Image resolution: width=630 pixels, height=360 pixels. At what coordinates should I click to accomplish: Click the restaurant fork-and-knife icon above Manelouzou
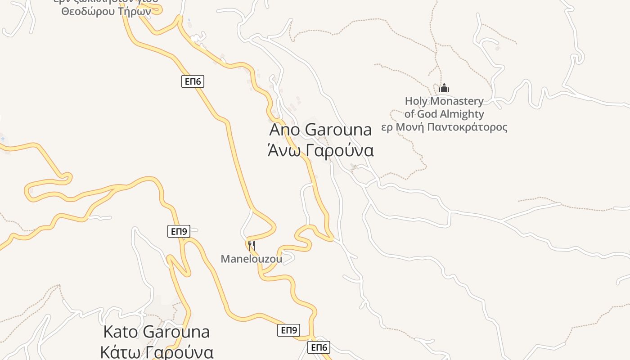coord(252,245)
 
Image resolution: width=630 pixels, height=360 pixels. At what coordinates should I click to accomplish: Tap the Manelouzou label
coord(251,259)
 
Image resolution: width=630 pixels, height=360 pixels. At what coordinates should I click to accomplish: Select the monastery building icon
coord(444,88)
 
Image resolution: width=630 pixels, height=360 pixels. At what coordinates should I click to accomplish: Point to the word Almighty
coord(462,114)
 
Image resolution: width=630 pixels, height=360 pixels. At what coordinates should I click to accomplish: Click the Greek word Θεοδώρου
coord(88,12)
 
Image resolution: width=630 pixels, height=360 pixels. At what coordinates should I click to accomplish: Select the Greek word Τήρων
coord(135,12)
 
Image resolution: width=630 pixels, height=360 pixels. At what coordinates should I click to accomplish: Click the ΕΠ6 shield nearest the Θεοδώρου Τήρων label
coord(193,81)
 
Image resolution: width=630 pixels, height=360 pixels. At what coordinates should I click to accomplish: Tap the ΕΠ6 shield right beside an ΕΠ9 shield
coord(319,347)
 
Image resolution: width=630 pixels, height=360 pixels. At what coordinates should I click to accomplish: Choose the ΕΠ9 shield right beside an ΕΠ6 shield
coord(288,330)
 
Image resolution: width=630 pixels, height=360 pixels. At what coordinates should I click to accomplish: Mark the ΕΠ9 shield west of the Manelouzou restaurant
coord(179,231)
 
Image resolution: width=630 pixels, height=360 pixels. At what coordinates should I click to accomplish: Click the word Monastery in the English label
coord(457,101)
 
